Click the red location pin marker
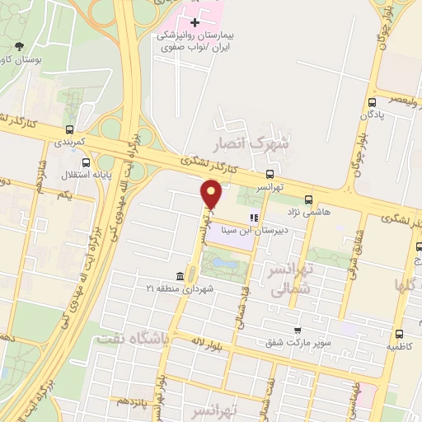(x=211, y=195)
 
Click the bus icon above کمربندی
(x=69, y=129)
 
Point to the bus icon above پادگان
(x=373, y=102)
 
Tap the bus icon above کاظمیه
(x=399, y=334)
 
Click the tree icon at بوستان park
(x=18, y=46)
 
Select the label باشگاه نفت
(x=131, y=338)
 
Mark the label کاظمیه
(x=400, y=347)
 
